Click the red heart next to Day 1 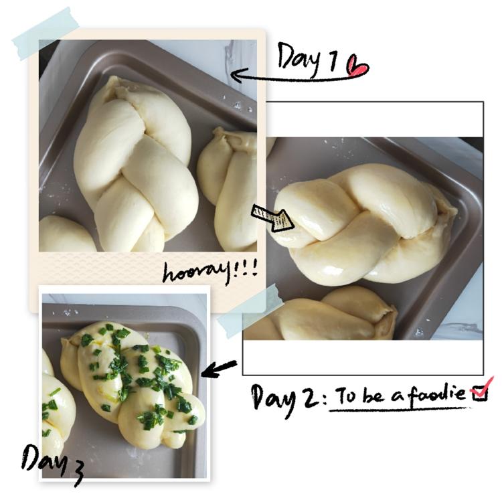point(357,66)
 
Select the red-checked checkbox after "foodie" point(479,393)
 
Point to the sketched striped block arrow point(272,218)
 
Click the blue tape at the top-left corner point(46,33)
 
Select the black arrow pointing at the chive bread point(219,369)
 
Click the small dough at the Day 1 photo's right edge point(228,189)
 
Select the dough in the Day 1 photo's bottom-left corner point(66,234)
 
